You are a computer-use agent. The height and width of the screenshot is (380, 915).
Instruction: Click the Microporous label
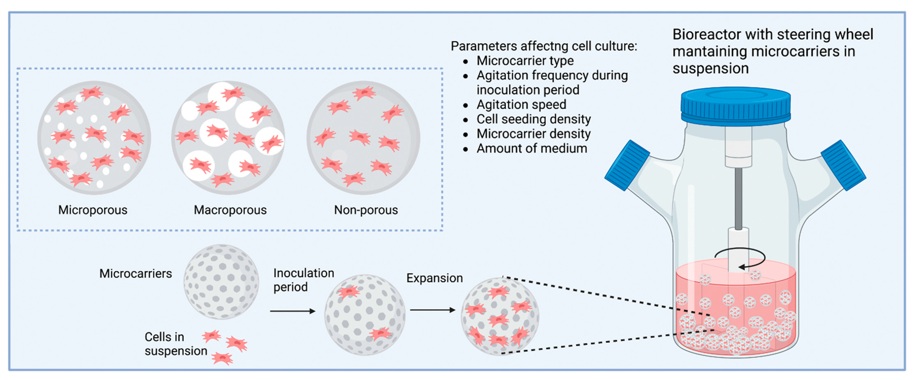[x=93, y=210]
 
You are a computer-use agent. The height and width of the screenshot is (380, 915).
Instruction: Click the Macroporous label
[x=230, y=210]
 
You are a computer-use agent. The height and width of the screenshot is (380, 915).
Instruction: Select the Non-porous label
[x=366, y=210]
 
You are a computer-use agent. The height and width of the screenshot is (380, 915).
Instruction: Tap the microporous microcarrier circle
[x=94, y=138]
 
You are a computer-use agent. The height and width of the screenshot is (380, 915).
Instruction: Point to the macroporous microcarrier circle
[x=228, y=138]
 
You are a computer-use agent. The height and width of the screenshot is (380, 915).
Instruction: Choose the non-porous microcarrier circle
[x=363, y=138]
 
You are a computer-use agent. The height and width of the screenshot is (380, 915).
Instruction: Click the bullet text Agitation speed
[x=521, y=105]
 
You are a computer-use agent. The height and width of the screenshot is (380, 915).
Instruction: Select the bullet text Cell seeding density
[x=534, y=119]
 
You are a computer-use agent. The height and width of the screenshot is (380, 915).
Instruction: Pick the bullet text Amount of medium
[x=532, y=148]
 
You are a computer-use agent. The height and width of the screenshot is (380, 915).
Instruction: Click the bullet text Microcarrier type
[x=525, y=61]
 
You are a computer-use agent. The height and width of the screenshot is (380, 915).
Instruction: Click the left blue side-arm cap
[x=627, y=165]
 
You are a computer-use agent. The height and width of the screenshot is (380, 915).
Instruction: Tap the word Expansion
[x=434, y=278]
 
